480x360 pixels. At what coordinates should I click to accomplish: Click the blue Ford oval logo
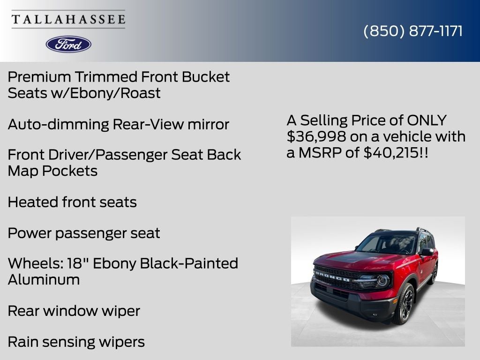pyautogui.click(x=68, y=44)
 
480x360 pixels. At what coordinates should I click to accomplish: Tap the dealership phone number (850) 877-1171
pyautogui.click(x=413, y=31)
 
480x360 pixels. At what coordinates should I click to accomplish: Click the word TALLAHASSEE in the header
pyautogui.click(x=68, y=20)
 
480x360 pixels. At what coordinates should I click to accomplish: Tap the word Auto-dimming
pyautogui.click(x=58, y=124)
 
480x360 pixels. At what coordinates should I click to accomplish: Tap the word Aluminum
pyautogui.click(x=44, y=279)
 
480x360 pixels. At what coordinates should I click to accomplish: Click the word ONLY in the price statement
pyautogui.click(x=427, y=120)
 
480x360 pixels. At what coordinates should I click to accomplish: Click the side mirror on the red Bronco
pyautogui.click(x=427, y=252)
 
